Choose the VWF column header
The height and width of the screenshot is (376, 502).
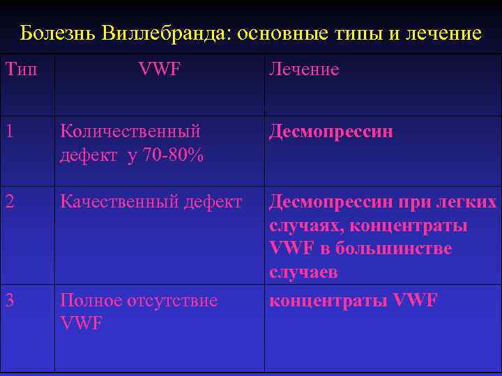pyautogui.click(x=160, y=69)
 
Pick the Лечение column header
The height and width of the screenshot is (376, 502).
pyautogui.click(x=304, y=70)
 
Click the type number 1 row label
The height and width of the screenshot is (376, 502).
pyautogui.click(x=9, y=131)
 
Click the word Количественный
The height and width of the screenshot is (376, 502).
pyautogui.click(x=130, y=131)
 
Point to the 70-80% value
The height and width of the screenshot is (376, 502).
pyautogui.click(x=173, y=155)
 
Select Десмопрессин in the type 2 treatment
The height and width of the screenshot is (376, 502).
pyautogui.click(x=331, y=203)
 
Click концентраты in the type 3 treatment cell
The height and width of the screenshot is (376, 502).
pyautogui.click(x=329, y=301)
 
